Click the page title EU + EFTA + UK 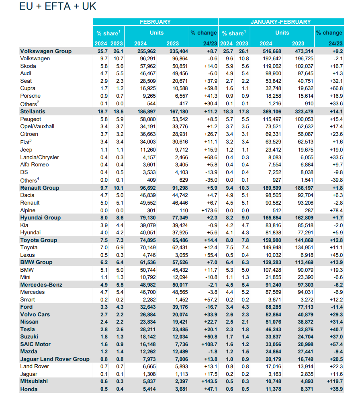57,7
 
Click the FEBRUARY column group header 155,22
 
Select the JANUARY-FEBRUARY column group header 280,22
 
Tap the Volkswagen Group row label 46,51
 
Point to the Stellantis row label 33,111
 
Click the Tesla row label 29,329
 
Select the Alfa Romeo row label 34,164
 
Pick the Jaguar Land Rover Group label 55,359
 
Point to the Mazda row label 29,351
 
